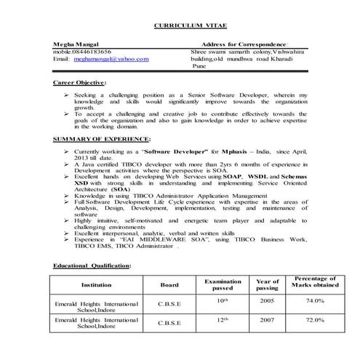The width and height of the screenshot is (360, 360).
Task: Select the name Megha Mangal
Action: [x=72, y=44]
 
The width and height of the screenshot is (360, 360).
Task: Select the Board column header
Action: [x=169, y=285]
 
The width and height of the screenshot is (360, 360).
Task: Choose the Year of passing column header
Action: [x=267, y=285]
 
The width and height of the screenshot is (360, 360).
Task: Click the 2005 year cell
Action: [x=267, y=300]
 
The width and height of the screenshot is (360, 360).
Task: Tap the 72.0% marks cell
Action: [x=314, y=319]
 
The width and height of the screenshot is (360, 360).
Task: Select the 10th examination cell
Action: [x=223, y=300]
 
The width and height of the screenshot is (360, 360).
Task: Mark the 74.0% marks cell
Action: [x=314, y=300]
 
